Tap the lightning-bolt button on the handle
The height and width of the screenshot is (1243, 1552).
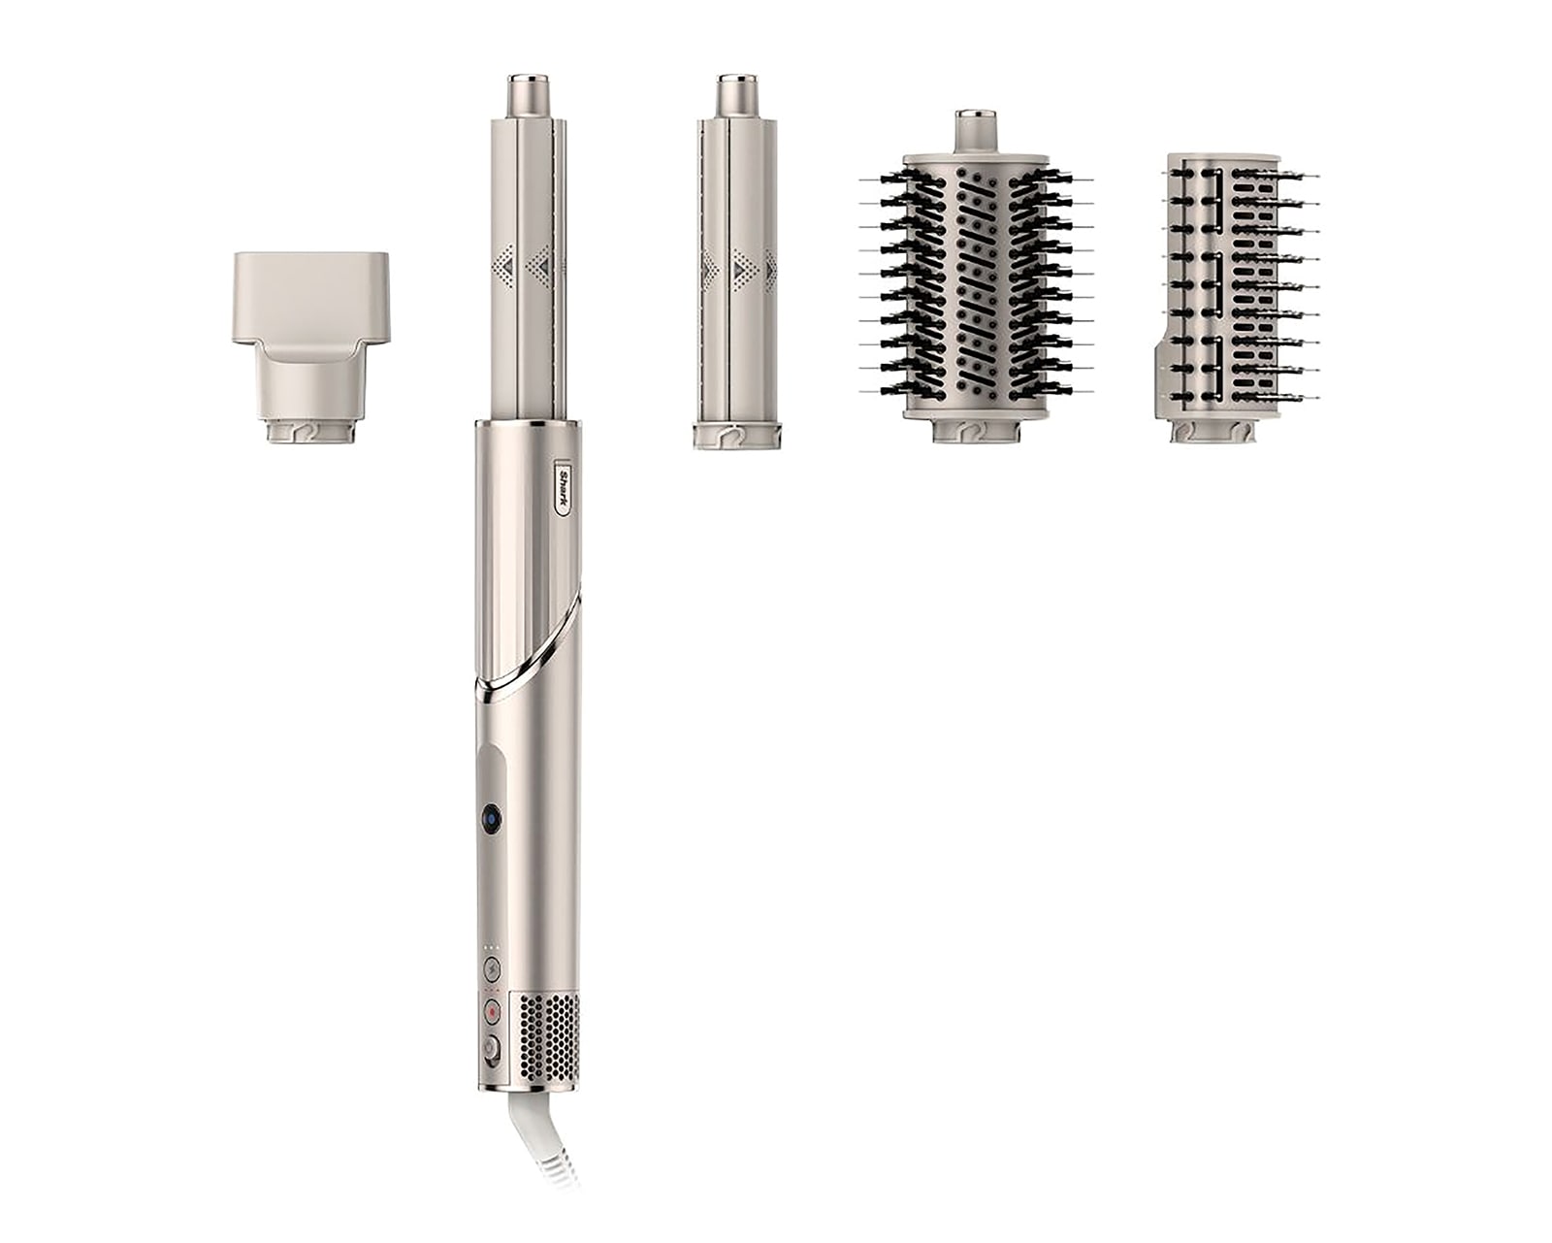coord(493,966)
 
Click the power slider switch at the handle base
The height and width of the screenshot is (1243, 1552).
coord(492,1048)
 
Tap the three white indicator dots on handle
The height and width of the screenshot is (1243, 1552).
coord(491,947)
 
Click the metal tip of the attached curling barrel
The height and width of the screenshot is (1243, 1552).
coord(530,94)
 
